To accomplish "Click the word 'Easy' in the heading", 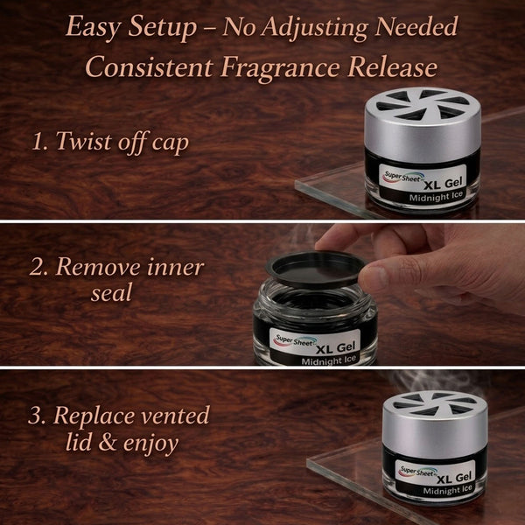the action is coord(93,27).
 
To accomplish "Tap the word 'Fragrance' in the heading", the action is coord(280,67).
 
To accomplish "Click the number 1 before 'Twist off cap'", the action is coord(38,141).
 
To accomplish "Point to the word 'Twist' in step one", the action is coord(85,141).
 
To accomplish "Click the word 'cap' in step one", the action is coord(170,143).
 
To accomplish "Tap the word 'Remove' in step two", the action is coord(97,267).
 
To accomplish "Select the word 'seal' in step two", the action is coord(112,293).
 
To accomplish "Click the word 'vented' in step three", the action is coord(175,416).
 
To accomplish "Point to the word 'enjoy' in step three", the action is coord(150,444).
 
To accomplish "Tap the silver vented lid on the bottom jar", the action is coord(435,425).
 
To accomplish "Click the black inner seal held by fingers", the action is coord(315,270).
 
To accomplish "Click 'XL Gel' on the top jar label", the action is coord(443,184).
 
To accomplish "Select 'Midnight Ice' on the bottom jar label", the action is coord(447,489).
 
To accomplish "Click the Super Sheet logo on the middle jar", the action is coord(295,341).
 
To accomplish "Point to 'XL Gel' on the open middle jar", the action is coord(335,348).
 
